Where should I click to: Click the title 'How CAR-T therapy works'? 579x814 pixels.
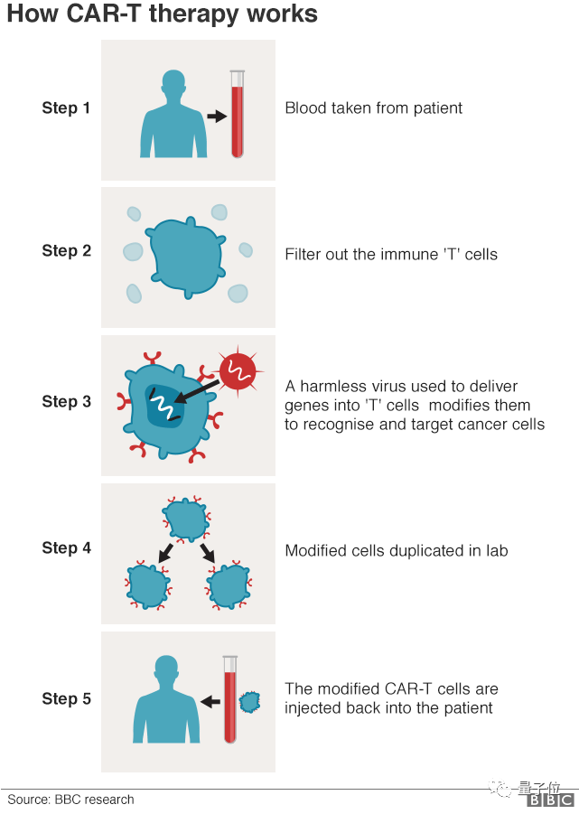pos(163,15)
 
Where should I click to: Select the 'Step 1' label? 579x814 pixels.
pos(66,108)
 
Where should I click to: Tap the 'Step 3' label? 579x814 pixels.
pos(66,401)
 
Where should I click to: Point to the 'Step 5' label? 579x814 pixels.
pos(66,698)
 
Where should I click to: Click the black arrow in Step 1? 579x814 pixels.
pos(216,117)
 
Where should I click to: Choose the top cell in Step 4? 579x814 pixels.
pos(186,519)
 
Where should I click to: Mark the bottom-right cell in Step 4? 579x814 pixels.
pos(229,585)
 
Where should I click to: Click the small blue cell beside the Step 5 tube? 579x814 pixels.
pos(248,701)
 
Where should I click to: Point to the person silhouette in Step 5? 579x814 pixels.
pos(166,700)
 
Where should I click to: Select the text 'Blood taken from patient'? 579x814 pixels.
pos(373,108)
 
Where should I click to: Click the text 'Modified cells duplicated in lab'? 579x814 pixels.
pos(397,550)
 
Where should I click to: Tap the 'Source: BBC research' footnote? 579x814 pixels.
pos(70,800)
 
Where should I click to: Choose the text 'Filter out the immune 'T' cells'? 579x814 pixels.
pos(391,255)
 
